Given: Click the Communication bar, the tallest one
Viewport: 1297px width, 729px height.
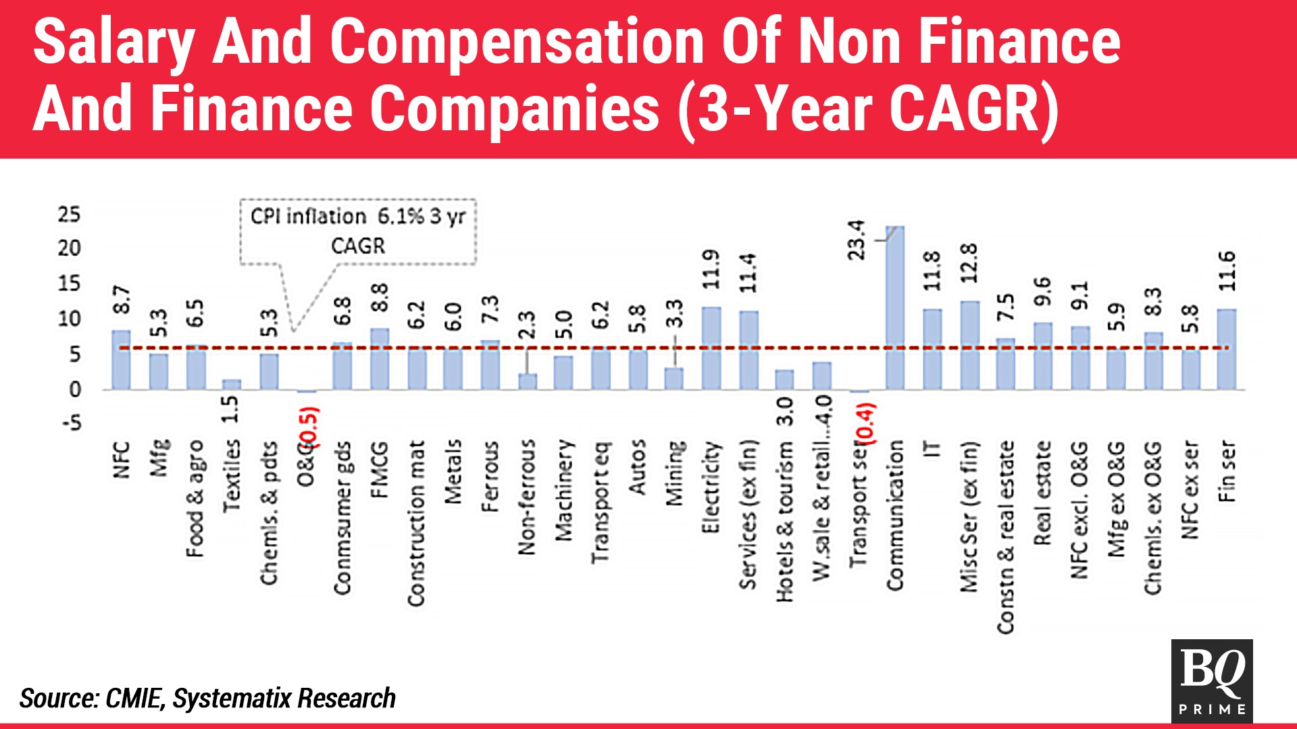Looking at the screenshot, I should coord(895,308).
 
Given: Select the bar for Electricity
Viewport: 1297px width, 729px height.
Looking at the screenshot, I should coord(711,348).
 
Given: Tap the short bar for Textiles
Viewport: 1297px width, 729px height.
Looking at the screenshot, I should coord(232,385).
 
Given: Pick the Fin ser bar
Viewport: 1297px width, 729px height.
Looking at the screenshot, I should coord(1227,350).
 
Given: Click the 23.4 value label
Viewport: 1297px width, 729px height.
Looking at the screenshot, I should coord(857,240).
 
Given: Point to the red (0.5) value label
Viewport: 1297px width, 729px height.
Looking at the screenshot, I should coord(310,427).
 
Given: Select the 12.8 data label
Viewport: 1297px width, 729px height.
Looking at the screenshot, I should coord(969,263).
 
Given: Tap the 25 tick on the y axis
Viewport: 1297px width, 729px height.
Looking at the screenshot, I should coord(69,215).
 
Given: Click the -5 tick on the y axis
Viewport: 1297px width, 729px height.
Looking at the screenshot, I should coord(71,423).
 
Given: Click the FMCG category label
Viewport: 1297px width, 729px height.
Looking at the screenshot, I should coord(380,470).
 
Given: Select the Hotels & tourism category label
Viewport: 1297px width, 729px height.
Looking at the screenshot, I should coord(784,522).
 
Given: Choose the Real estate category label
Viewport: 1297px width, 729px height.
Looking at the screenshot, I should coord(1042,493).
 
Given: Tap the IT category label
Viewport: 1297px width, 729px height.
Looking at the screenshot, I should coord(932,449).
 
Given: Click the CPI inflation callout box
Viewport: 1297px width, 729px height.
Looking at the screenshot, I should coord(358,232).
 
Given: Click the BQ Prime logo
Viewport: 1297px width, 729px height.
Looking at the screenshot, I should coord(1212,680).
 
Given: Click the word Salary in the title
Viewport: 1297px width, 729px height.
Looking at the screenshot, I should coord(113,43).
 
